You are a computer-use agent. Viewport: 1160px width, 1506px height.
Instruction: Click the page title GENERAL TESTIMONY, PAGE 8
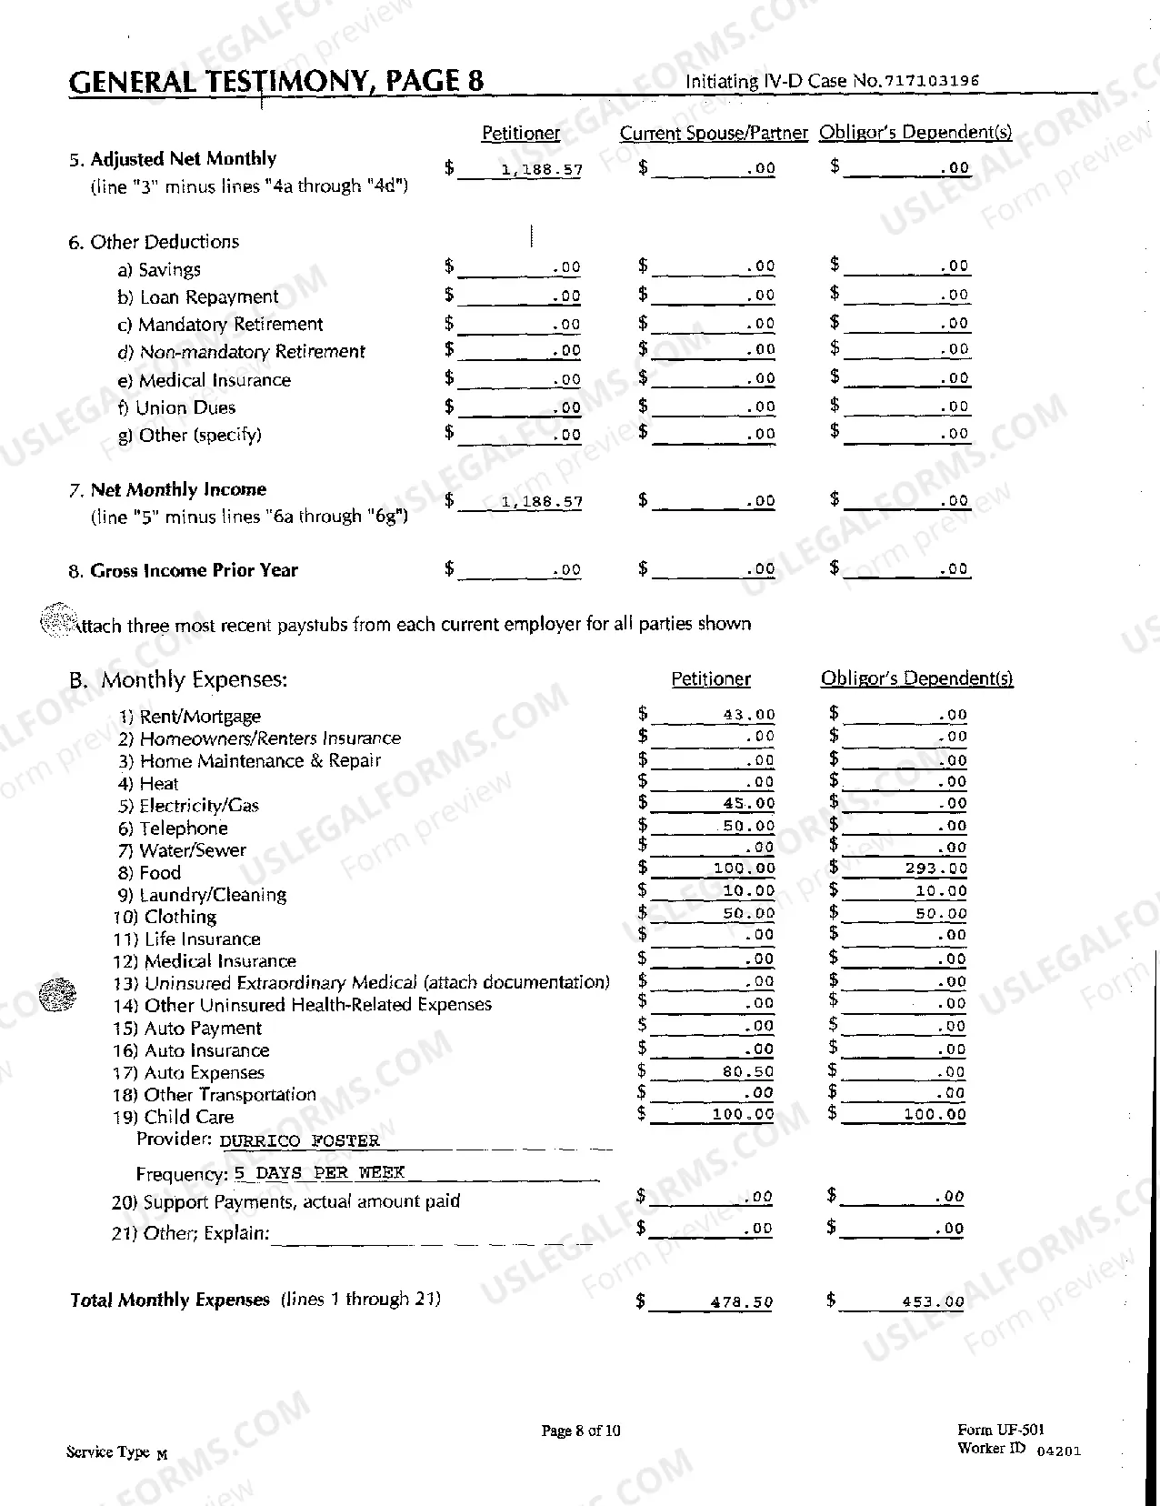click(x=276, y=82)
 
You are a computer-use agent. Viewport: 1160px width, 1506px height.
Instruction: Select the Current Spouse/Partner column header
click(x=713, y=134)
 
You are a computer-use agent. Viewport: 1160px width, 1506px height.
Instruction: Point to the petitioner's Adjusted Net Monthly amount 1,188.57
click(x=542, y=170)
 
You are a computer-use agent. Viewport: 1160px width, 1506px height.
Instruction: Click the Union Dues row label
click(x=185, y=407)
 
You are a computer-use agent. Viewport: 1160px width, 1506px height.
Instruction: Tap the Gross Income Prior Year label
click(x=194, y=571)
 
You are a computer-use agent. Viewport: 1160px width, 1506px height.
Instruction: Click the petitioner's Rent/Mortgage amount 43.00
click(x=749, y=715)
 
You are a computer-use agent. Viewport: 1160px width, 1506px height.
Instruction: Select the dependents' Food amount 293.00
click(x=936, y=868)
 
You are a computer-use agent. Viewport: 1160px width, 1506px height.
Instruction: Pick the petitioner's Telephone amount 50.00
click(x=749, y=826)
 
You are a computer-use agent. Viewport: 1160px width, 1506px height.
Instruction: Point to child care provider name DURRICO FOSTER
click(x=300, y=1140)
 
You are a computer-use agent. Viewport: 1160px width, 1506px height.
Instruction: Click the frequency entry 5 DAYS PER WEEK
click(x=319, y=1173)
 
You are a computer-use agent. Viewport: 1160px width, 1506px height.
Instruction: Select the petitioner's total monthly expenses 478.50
click(x=742, y=1302)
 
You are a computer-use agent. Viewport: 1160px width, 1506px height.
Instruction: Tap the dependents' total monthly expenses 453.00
click(x=933, y=1302)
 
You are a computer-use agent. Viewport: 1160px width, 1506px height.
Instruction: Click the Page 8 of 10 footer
click(x=581, y=1431)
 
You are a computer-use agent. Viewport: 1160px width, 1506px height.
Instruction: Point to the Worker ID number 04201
click(x=1059, y=1451)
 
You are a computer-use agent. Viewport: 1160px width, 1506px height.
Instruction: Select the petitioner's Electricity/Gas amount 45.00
click(x=749, y=803)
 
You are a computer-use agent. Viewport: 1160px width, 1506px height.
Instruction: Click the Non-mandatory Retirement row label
click(x=252, y=352)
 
